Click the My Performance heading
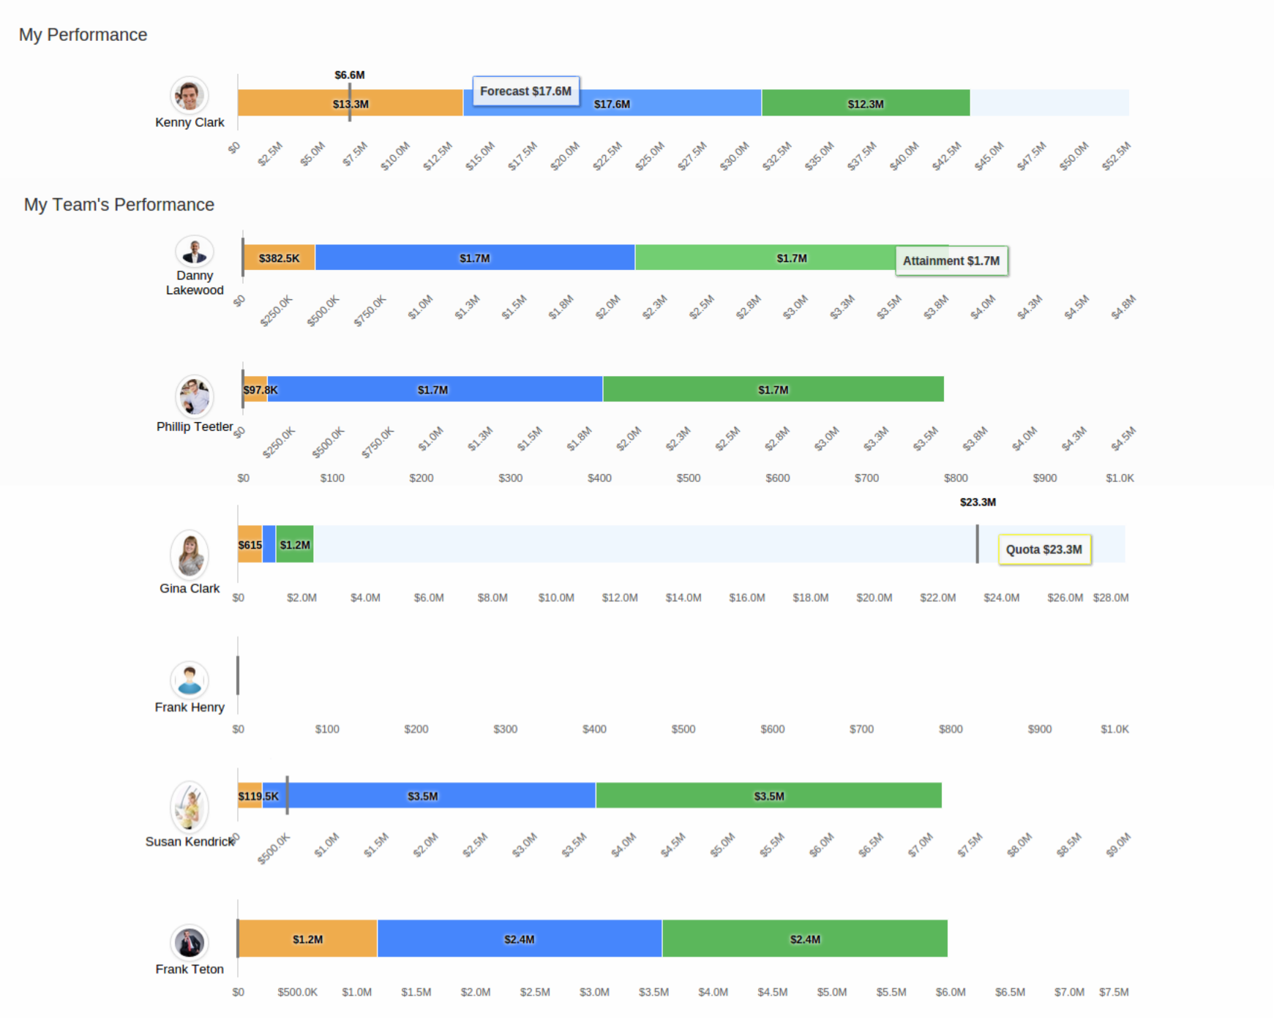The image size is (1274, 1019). [83, 34]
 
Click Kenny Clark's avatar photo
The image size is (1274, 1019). [190, 96]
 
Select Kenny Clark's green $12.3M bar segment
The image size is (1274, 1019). [865, 103]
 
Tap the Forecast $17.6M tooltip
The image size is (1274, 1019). [525, 91]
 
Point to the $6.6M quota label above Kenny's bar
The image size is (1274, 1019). [350, 75]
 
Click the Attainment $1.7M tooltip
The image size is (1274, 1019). [951, 261]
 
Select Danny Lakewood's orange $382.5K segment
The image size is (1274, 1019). [279, 258]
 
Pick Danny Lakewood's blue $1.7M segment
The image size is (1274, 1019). [474, 258]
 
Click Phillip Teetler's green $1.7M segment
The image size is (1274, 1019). [773, 390]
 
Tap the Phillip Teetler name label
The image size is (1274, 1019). [194, 426]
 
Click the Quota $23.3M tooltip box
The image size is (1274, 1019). [1043, 549]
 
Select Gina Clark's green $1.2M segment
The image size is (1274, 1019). [295, 545]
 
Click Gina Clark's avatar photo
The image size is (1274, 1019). [190, 554]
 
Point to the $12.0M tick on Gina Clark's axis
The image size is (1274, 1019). [619, 598]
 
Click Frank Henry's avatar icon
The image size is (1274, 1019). [190, 680]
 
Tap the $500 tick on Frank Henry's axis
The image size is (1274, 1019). [683, 729]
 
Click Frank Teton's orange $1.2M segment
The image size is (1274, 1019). [307, 939]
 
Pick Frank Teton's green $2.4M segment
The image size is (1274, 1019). [804, 939]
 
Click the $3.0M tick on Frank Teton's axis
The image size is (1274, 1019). [593, 992]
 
